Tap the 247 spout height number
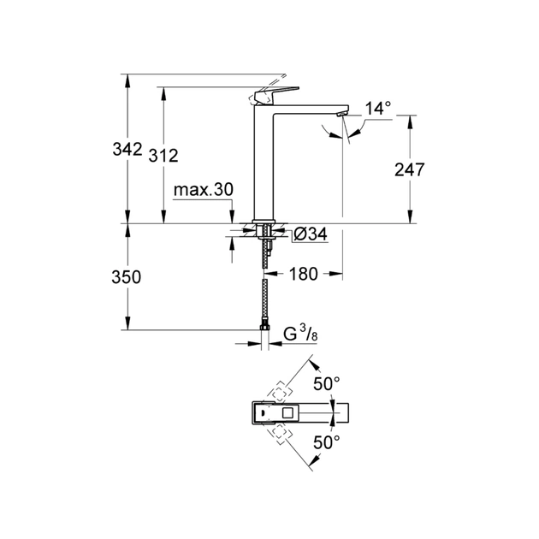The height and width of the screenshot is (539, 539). [409, 169]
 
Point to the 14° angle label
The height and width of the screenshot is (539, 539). [377, 108]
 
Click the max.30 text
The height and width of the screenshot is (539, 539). [203, 189]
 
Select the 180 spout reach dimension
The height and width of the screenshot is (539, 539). [304, 275]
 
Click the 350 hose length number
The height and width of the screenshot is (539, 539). [125, 277]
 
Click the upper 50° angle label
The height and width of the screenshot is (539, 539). [325, 382]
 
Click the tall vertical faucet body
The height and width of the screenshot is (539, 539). [266, 163]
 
